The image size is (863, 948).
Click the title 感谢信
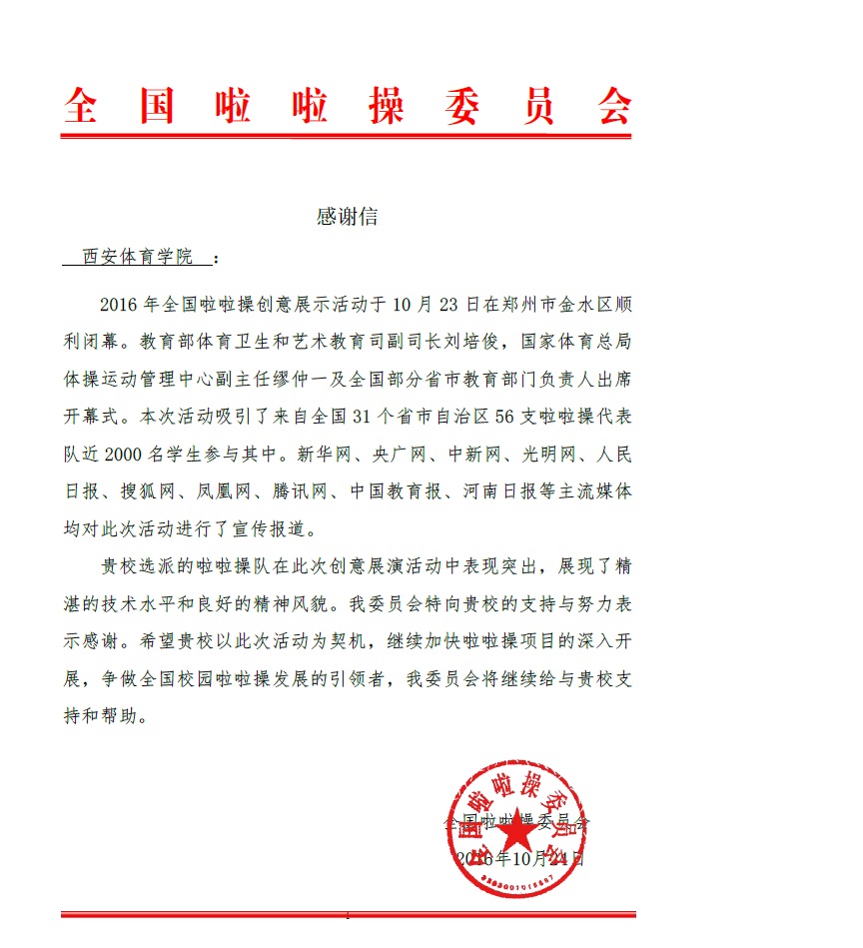(347, 217)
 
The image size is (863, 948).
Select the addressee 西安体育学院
(138, 257)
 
